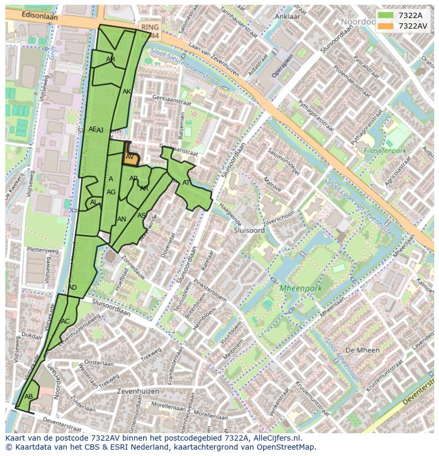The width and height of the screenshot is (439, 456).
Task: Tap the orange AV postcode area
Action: point(130,158)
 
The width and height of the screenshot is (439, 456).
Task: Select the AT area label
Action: point(186,183)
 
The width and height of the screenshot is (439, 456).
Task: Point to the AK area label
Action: point(127,92)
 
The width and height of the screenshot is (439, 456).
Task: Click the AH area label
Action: point(110,59)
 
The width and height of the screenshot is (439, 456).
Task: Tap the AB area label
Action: point(29,396)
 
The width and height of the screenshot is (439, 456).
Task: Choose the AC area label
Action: point(65,321)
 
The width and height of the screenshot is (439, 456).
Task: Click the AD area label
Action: point(73,288)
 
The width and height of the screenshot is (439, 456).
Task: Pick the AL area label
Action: point(93,202)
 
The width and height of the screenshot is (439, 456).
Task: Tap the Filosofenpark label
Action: point(385,151)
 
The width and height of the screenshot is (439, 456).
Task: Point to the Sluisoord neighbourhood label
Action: point(249,230)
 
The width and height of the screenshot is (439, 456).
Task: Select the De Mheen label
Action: point(362,350)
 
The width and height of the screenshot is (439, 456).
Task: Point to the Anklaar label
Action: point(287,16)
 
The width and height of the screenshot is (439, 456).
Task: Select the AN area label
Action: point(121,219)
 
